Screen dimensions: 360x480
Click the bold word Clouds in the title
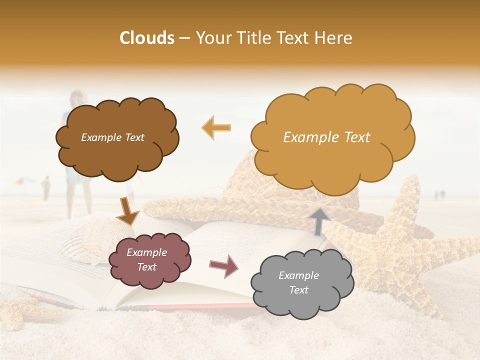(x=147, y=38)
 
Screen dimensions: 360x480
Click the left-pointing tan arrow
(x=216, y=127)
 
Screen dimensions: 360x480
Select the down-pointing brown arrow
(x=127, y=211)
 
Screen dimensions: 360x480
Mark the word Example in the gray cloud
(x=298, y=275)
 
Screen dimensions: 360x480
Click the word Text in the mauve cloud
(x=146, y=267)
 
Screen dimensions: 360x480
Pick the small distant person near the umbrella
(x=46, y=188)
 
